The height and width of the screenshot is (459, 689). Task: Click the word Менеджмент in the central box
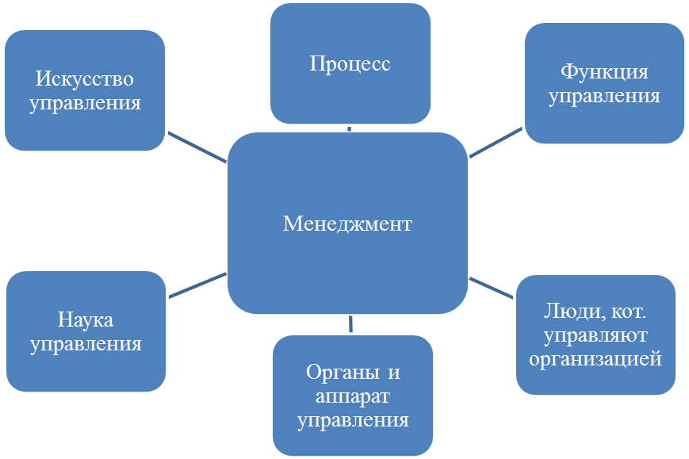[347, 224]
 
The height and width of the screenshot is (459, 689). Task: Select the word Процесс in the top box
[350, 64]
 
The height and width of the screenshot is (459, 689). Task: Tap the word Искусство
[84, 79]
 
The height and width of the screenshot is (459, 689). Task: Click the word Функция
[604, 72]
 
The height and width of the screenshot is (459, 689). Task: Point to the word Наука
[86, 320]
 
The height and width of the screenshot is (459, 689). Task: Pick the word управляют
[595, 335]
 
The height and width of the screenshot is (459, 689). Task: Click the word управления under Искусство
[85, 103]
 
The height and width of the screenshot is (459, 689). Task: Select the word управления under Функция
[604, 97]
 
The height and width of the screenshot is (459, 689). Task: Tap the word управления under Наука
[86, 344]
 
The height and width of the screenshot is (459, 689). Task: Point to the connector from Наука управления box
[197, 285]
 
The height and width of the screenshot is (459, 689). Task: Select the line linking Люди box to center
[492, 287]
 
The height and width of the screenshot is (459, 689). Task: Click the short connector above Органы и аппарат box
[350, 323]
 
